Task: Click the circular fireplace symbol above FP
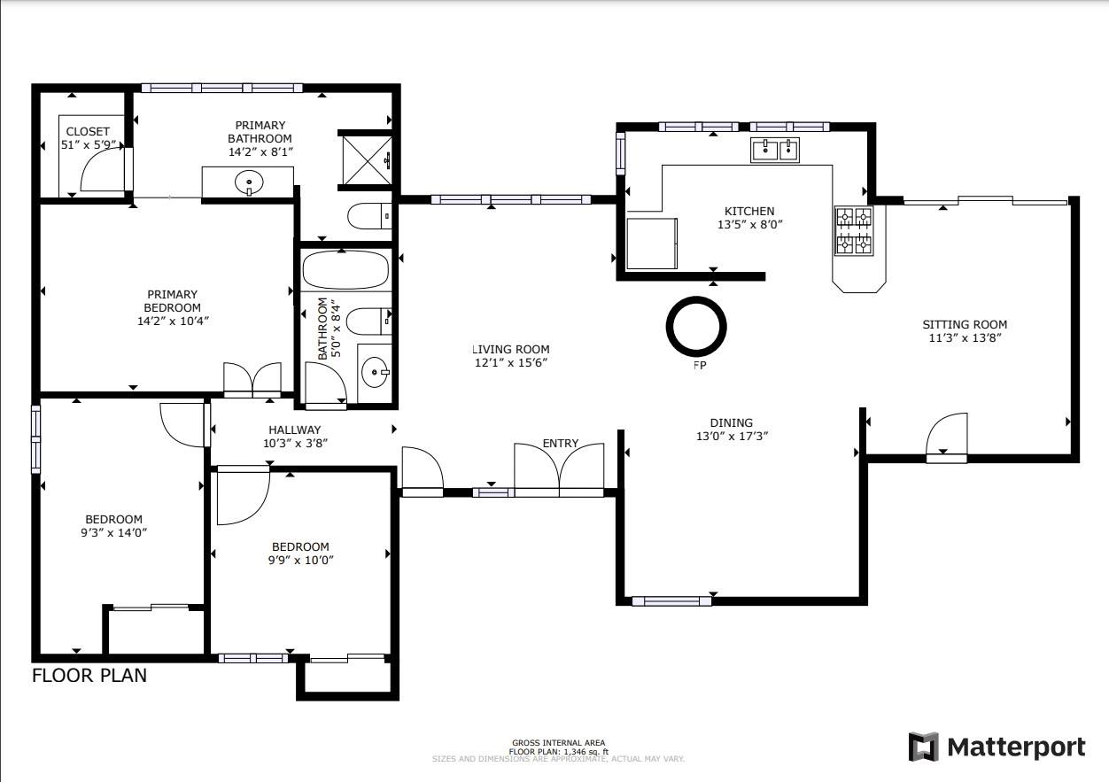(x=696, y=326)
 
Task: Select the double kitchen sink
(x=775, y=150)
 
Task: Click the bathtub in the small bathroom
(x=345, y=269)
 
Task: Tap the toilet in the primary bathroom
(x=367, y=216)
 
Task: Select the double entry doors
(x=560, y=467)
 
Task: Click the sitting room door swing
(x=946, y=437)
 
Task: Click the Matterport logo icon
(x=924, y=747)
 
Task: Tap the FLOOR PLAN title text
(x=89, y=676)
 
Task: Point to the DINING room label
(x=731, y=422)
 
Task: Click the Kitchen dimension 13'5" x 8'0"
(x=749, y=225)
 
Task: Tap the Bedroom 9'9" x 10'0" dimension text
(x=300, y=560)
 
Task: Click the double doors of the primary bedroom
(x=252, y=379)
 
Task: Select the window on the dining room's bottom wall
(x=671, y=601)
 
